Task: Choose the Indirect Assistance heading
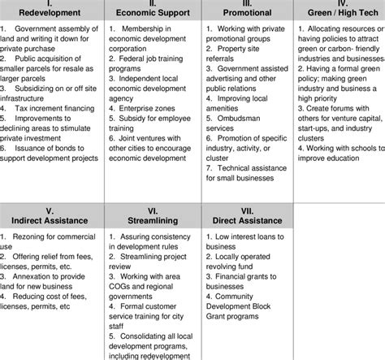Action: point(50,220)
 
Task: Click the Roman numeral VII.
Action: point(246,210)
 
